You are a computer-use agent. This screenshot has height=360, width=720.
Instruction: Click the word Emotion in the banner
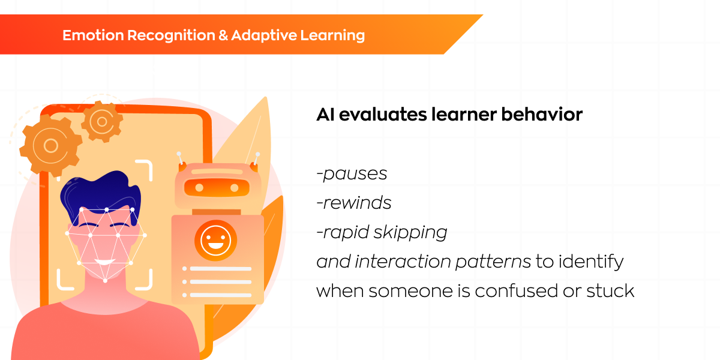click(x=93, y=35)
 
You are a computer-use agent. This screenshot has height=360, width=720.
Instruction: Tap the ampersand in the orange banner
click(x=223, y=35)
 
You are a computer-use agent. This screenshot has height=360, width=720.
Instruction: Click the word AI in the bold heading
click(x=326, y=115)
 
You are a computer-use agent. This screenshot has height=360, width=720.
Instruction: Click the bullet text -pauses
click(x=352, y=174)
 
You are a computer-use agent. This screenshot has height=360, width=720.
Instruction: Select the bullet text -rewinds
click(x=354, y=203)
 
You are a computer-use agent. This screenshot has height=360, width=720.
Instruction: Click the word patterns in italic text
click(x=493, y=262)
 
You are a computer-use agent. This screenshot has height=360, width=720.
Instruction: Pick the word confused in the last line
click(x=516, y=290)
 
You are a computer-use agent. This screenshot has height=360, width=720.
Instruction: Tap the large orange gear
click(x=51, y=146)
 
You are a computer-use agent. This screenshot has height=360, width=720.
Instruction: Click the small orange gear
click(x=102, y=121)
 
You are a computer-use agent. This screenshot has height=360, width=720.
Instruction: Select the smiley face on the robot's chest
click(x=215, y=240)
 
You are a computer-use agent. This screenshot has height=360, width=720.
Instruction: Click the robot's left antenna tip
click(x=179, y=154)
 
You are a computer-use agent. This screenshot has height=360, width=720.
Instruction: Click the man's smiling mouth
click(x=104, y=262)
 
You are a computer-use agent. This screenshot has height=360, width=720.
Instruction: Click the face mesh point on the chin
click(x=105, y=281)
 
